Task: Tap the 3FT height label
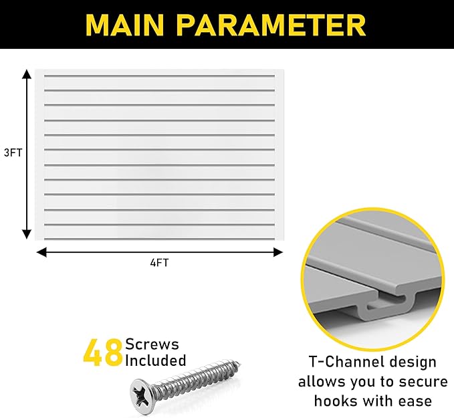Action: tap(13, 152)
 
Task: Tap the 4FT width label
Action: tap(159, 263)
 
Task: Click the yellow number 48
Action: tap(102, 352)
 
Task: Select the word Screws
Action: tap(152, 344)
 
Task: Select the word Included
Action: tap(156, 360)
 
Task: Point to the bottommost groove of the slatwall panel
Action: tap(159, 224)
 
